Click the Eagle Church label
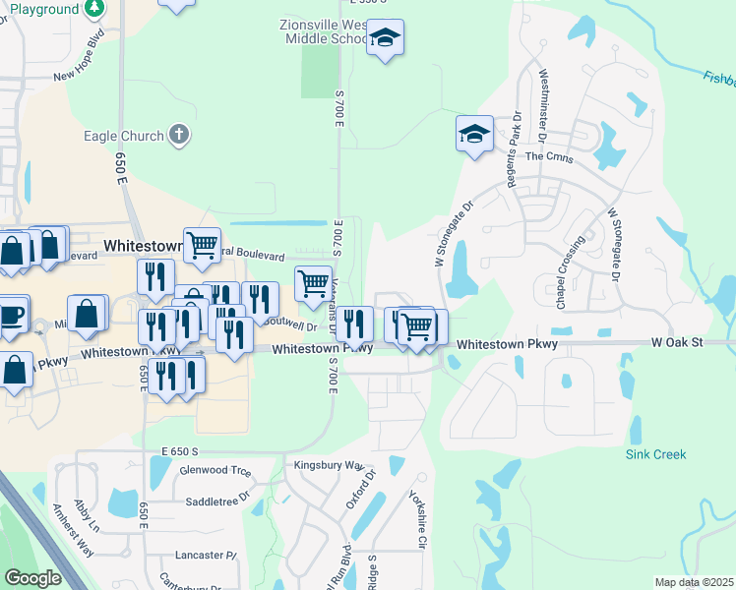[123, 136]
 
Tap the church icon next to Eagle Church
[178, 135]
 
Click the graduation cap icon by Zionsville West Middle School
[385, 39]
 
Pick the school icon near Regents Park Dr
[474, 134]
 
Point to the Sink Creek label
[656, 454]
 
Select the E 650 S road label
[187, 450]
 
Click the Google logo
[32, 578]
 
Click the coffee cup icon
[11, 315]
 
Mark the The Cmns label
[549, 156]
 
